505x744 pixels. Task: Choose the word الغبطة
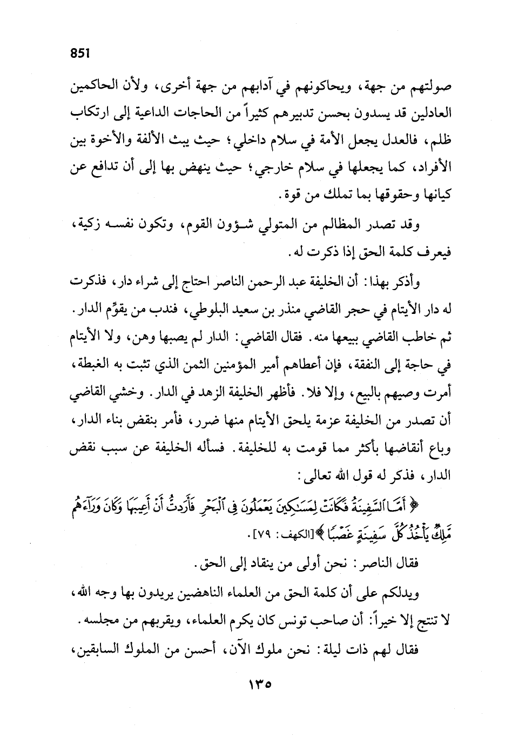pos(89,367)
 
